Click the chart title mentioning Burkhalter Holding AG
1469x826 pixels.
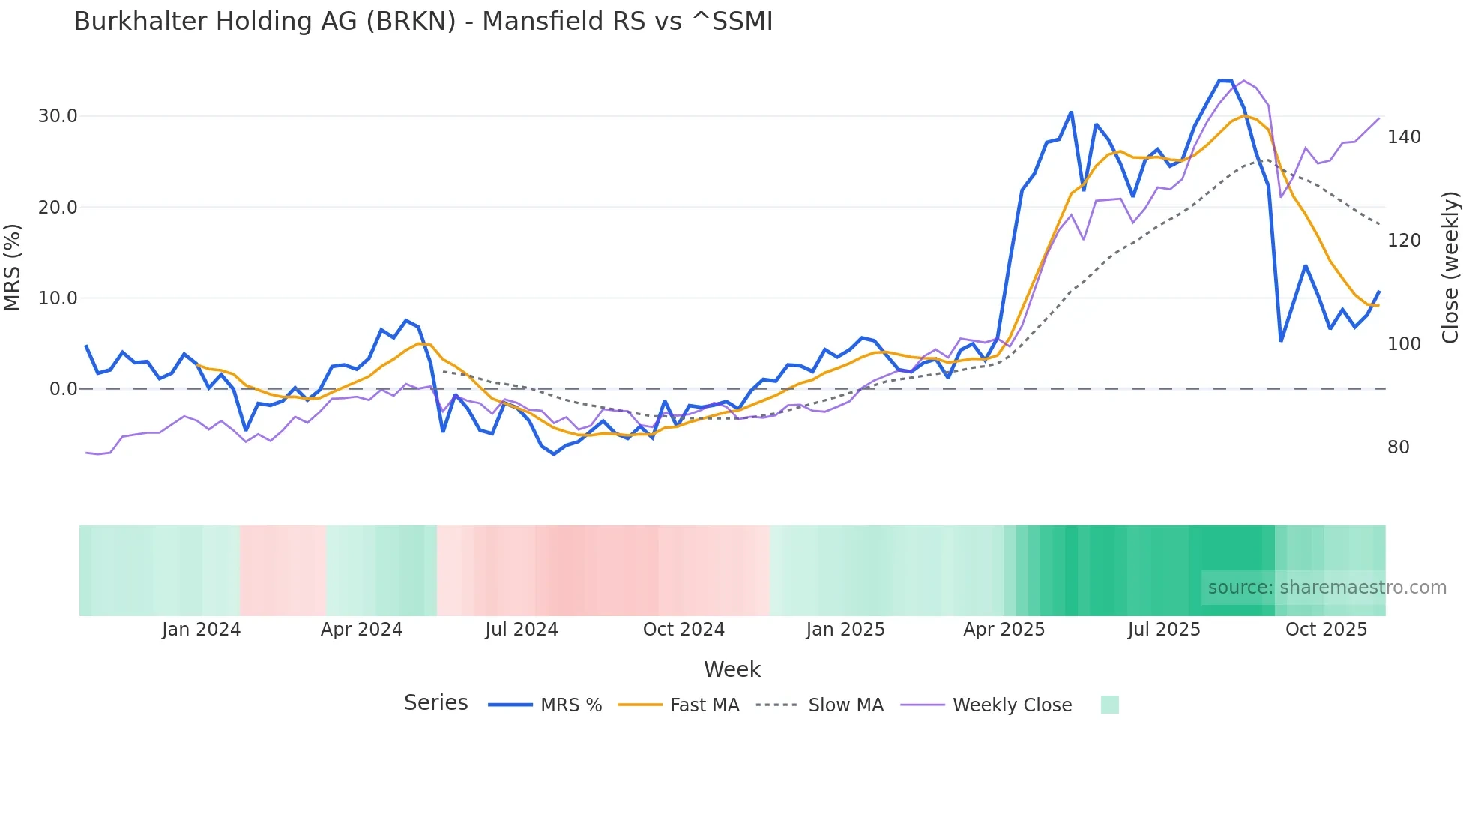point(423,22)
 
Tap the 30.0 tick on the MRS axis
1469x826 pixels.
point(58,116)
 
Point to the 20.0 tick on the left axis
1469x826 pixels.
point(58,208)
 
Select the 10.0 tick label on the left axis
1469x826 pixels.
point(58,298)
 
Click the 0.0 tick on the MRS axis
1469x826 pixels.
point(63,389)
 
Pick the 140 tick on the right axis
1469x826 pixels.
point(1404,137)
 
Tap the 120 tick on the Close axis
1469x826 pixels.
point(1404,241)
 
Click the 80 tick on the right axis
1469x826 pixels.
point(1399,447)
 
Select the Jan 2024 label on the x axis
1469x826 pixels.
point(201,630)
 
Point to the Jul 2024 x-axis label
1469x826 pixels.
point(522,630)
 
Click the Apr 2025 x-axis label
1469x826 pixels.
point(1004,630)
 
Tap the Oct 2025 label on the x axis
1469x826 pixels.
point(1327,630)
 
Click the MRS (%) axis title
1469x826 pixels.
point(13,268)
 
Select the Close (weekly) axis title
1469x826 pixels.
point(1451,268)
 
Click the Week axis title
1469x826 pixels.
point(732,669)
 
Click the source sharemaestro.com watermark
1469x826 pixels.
point(1327,588)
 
